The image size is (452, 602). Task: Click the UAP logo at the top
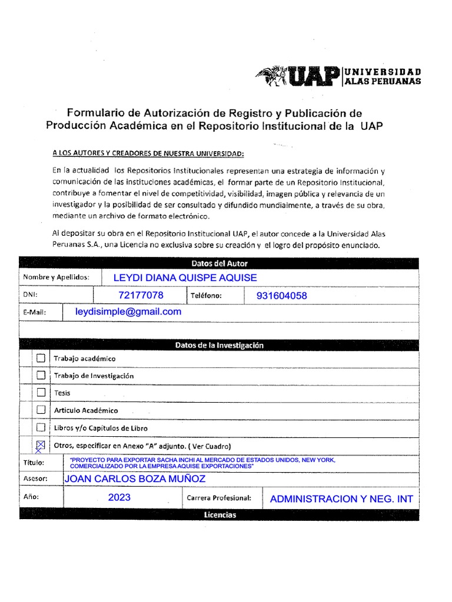click(x=338, y=76)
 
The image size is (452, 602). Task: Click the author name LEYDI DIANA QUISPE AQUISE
click(x=185, y=277)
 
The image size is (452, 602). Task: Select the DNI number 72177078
click(x=141, y=295)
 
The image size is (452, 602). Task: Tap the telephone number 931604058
click(x=281, y=296)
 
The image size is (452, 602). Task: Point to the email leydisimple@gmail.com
click(x=128, y=312)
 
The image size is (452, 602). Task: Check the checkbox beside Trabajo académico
click(x=41, y=357)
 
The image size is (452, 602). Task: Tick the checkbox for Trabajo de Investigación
click(x=41, y=375)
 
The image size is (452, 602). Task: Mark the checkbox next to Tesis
click(x=41, y=392)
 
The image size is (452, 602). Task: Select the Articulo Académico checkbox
click(x=41, y=410)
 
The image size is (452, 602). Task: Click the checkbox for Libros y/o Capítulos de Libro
click(x=41, y=427)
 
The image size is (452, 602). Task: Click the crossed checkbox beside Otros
click(x=41, y=446)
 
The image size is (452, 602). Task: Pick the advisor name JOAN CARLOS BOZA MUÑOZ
click(x=135, y=479)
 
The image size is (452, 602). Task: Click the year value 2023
click(x=119, y=497)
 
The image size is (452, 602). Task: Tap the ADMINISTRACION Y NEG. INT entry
click(x=341, y=499)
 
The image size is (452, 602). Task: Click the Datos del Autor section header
click(x=220, y=263)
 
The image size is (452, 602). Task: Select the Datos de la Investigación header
click(x=220, y=345)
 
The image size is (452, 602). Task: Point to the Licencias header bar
click(x=220, y=515)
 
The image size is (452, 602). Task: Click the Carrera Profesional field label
click(x=219, y=498)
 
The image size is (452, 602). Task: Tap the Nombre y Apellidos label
click(x=56, y=277)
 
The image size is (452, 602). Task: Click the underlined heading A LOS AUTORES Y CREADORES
click(x=147, y=153)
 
